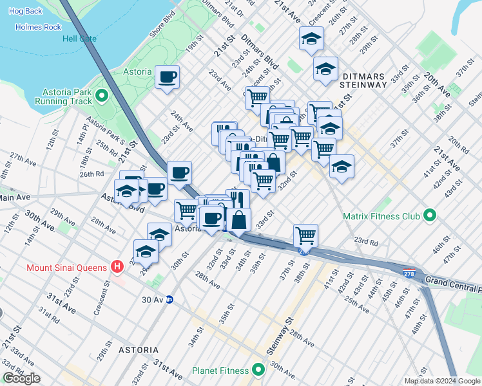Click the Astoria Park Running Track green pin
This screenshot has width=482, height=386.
(101, 96)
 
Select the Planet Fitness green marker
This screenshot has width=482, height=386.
(258, 371)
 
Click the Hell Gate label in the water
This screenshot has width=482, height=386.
(79, 39)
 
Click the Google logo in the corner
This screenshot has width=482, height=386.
(22, 378)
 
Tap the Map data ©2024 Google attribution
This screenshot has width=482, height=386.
(442, 381)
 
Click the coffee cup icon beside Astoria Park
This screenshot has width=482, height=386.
(168, 77)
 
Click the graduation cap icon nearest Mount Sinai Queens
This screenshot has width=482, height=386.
(146, 251)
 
